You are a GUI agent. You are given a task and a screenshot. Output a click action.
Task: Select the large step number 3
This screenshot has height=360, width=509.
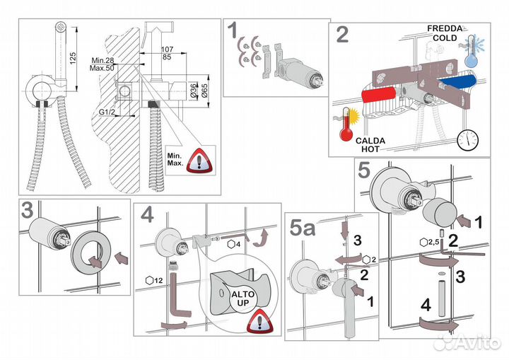click(x=29, y=212)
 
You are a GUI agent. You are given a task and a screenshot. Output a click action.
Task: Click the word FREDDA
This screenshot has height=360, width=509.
click(x=444, y=28)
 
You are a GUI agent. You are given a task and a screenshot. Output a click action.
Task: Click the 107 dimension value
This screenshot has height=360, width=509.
click(x=168, y=49)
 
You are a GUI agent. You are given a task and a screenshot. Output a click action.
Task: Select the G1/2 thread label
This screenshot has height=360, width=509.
click(x=107, y=112)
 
